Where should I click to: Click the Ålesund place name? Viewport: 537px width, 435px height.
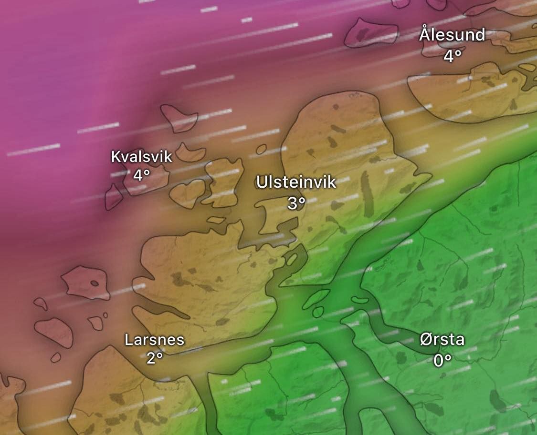[452, 35]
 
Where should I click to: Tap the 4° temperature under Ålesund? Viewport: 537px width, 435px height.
[452, 56]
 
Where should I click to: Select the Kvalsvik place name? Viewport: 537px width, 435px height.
[141, 156]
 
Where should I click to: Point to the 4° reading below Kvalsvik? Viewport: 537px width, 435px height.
[141, 175]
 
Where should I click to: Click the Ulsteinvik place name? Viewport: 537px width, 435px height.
[296, 182]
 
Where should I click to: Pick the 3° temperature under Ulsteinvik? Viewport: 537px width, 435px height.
[296, 203]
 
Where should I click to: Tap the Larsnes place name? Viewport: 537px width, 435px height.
[154, 340]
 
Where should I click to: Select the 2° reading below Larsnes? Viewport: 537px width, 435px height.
[154, 358]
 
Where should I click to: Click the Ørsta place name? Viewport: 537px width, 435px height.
[442, 340]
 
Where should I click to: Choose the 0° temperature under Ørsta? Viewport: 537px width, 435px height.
[442, 360]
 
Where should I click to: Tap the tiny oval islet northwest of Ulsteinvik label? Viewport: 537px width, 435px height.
[261, 150]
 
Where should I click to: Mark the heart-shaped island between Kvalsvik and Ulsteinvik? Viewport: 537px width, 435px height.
[187, 192]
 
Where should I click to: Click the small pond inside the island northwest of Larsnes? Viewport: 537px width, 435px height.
[95, 283]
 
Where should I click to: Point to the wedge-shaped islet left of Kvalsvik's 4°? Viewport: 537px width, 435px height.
[113, 197]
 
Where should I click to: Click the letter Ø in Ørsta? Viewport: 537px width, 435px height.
[426, 340]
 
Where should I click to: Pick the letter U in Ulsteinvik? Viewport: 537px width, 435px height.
[262, 182]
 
